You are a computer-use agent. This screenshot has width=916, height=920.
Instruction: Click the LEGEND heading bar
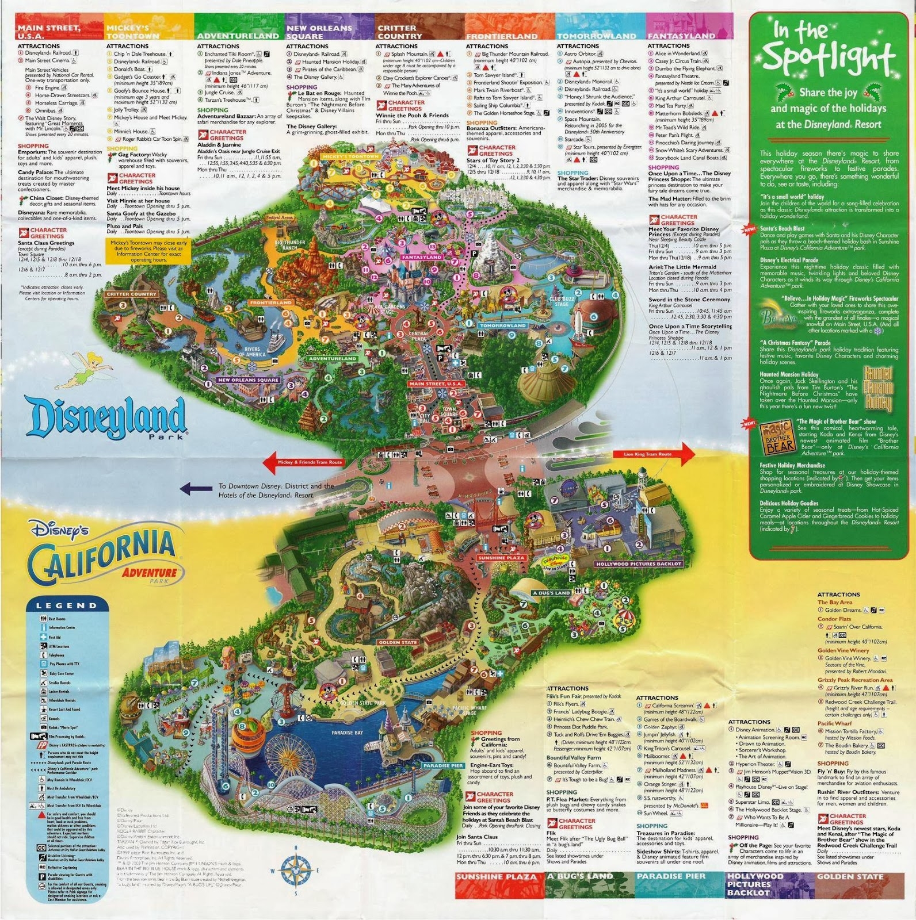67,605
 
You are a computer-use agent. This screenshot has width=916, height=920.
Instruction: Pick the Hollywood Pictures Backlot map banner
638,564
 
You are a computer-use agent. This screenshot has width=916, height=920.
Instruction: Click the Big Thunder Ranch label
290,244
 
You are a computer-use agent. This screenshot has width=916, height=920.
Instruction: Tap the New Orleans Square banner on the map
248,380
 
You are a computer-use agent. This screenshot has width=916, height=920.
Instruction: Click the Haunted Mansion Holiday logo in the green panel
878,388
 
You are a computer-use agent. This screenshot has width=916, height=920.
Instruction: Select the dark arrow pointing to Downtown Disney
196,489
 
